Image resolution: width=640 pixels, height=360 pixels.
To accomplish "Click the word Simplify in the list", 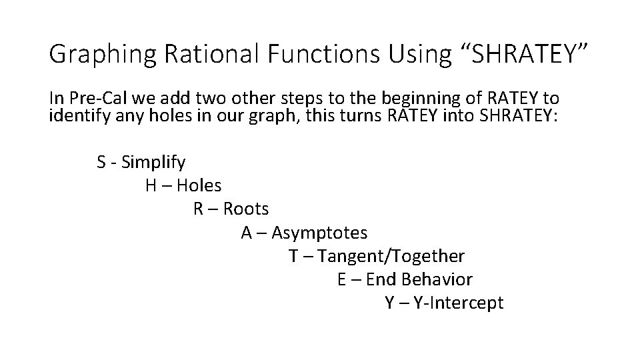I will [155, 162].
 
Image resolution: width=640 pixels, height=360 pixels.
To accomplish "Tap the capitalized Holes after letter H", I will [199, 185].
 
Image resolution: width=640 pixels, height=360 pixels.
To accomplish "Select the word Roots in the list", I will [246, 209].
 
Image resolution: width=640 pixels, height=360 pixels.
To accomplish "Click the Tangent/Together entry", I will [391, 256].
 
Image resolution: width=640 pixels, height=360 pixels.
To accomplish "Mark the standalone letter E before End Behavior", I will [341, 279].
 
